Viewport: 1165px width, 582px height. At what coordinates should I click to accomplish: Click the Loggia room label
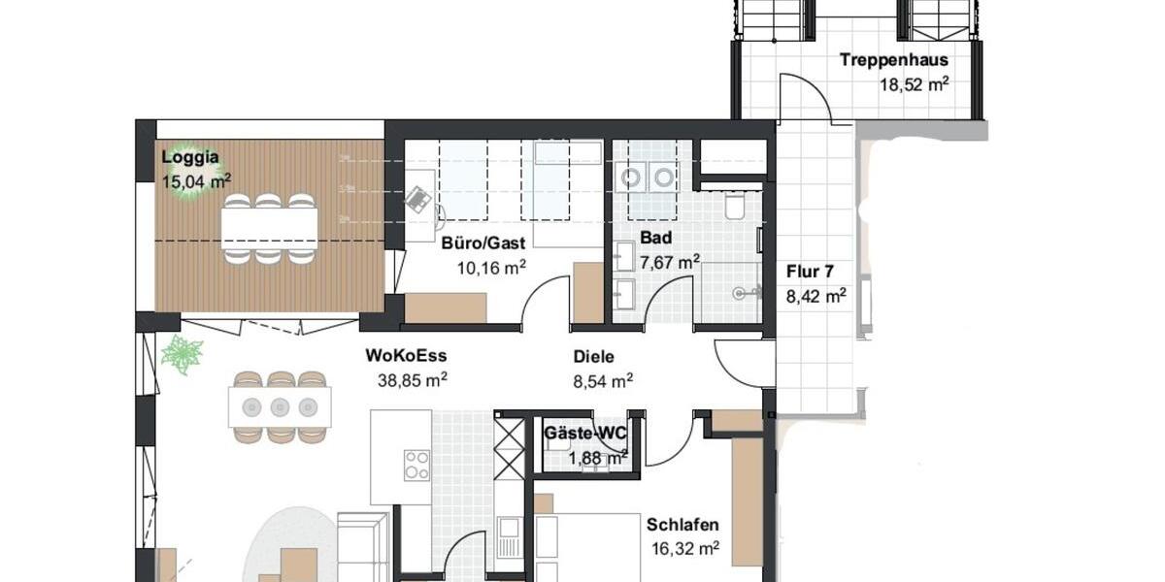click(190, 157)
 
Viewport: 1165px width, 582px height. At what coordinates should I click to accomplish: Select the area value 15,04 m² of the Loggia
click(195, 179)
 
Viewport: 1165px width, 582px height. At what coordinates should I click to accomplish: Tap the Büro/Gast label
click(483, 243)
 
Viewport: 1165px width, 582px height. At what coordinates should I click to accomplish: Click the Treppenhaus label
click(893, 60)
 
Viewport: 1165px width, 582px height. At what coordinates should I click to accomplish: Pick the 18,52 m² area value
click(914, 83)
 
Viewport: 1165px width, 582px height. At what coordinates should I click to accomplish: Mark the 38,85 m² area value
click(412, 380)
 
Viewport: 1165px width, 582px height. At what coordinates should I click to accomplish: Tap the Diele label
click(593, 357)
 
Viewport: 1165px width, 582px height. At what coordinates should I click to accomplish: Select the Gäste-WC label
click(584, 434)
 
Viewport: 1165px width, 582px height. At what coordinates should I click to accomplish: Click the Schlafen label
click(682, 526)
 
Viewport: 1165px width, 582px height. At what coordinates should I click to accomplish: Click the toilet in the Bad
click(734, 208)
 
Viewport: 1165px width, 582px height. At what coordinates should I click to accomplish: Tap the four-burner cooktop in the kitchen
click(417, 466)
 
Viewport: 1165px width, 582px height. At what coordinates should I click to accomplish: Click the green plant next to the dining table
click(182, 355)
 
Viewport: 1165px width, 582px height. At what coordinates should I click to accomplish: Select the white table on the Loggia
click(269, 228)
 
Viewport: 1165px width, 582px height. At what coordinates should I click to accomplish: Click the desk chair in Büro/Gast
click(419, 200)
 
